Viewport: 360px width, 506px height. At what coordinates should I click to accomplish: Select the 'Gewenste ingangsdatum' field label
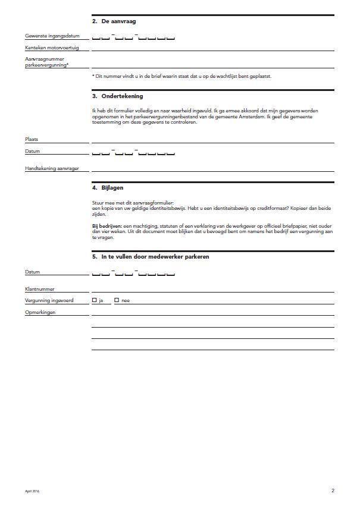(52, 36)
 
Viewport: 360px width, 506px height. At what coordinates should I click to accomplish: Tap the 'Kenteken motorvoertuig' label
(52, 48)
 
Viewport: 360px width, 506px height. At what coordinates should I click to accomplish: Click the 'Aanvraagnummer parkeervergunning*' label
(46, 62)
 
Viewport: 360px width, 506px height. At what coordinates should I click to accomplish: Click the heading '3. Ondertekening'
(117, 96)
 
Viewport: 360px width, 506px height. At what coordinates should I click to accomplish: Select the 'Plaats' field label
(32, 139)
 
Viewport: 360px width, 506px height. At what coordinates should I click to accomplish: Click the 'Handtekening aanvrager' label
(52, 169)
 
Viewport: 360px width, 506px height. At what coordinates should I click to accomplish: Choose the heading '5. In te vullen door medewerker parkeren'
(151, 257)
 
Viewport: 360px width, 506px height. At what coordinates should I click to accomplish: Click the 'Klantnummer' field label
(40, 289)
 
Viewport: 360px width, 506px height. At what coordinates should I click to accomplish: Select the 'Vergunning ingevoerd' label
(49, 301)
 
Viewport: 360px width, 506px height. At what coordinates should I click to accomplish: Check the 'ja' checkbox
(95, 300)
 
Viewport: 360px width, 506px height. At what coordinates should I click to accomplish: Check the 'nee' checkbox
(117, 300)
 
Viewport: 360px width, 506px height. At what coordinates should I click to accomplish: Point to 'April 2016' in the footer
(32, 491)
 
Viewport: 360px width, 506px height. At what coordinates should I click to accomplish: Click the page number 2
(333, 491)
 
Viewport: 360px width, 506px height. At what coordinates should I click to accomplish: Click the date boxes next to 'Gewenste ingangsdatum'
(133, 37)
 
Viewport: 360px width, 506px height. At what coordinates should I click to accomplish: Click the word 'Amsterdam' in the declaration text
(240, 117)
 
